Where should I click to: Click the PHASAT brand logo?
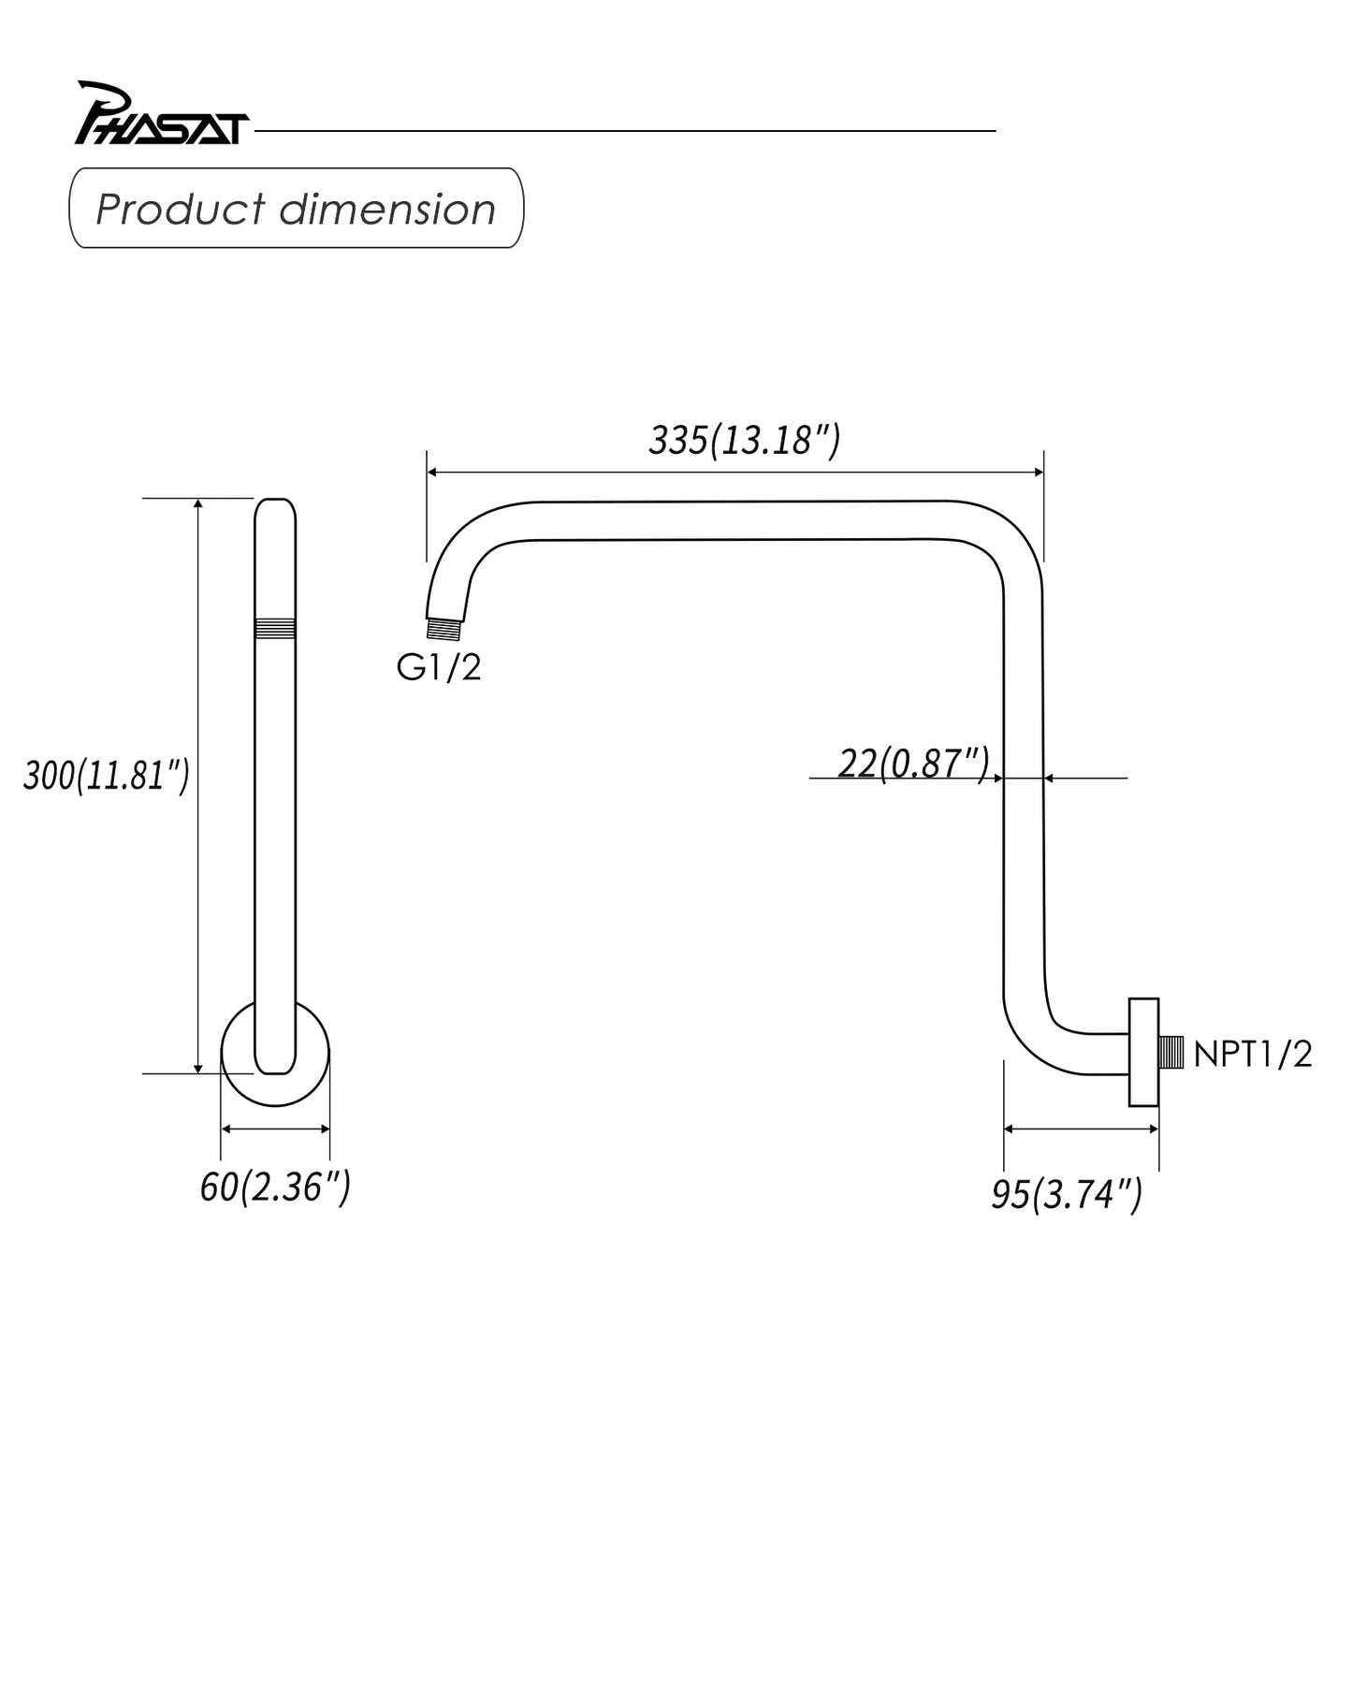point(160,115)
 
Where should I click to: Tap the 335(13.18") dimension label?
point(744,440)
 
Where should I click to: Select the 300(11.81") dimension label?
point(106,776)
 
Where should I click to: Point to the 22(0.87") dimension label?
point(912,764)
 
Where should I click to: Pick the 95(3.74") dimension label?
point(1067,1194)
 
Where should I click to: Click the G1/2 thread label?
point(438,667)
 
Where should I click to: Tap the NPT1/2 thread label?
point(1252,1055)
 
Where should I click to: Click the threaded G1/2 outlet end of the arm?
point(444,628)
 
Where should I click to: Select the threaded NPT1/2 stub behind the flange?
point(1171,1053)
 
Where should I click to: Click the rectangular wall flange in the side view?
point(1143,1053)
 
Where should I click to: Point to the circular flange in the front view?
point(275,1090)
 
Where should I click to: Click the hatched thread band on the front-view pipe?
point(275,628)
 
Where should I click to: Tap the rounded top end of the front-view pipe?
point(275,510)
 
